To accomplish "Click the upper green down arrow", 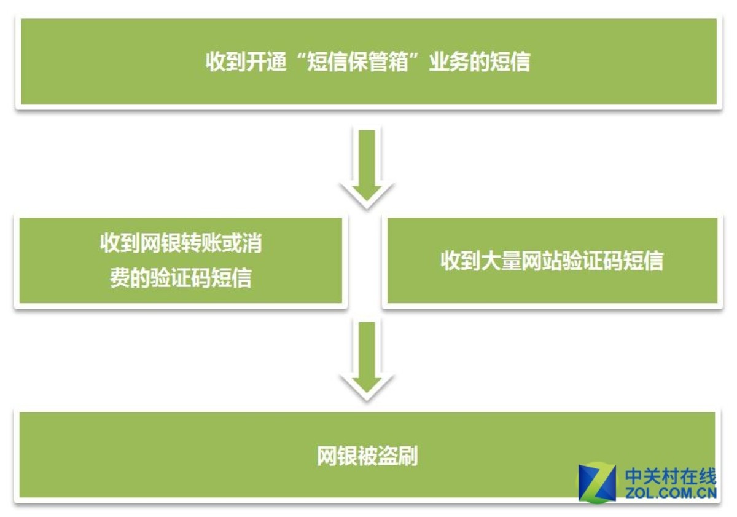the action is click(367, 167).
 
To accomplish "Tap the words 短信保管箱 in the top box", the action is click(357, 61).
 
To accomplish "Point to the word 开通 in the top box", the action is click(266, 61).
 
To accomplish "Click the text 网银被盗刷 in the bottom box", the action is click(367, 456).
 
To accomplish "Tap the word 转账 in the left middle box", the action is click(201, 243).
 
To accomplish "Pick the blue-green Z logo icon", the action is click(597, 483).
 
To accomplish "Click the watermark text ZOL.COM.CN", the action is click(671, 493).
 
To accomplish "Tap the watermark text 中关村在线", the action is click(671, 476).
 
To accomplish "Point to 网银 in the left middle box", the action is click(160, 243).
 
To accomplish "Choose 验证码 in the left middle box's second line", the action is click(181, 278).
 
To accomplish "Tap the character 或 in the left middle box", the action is click(232, 243).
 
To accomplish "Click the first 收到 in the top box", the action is click(226, 61).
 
